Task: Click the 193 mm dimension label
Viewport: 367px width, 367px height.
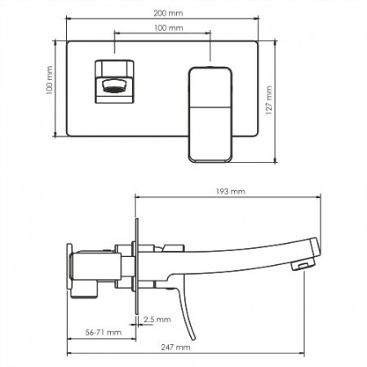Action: coord(231,192)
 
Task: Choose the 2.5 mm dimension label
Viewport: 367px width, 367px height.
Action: coord(157,319)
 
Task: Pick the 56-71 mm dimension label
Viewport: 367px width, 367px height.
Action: coord(104,333)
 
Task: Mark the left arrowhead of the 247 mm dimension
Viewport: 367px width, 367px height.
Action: coord(68,353)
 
